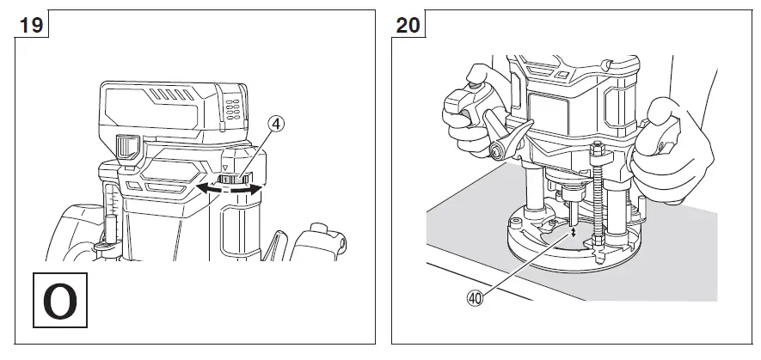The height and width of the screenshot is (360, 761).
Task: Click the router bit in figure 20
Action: [x=565, y=211]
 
